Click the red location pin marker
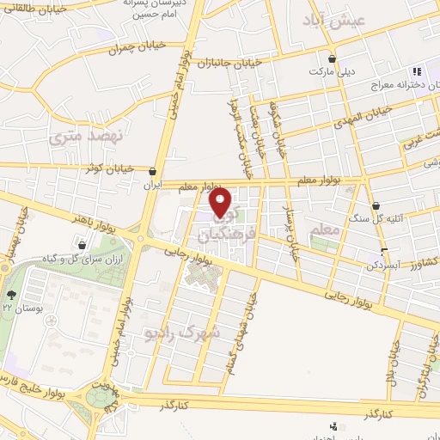(x=222, y=203)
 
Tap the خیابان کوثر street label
(x=109, y=169)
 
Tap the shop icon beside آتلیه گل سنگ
(x=377, y=205)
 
